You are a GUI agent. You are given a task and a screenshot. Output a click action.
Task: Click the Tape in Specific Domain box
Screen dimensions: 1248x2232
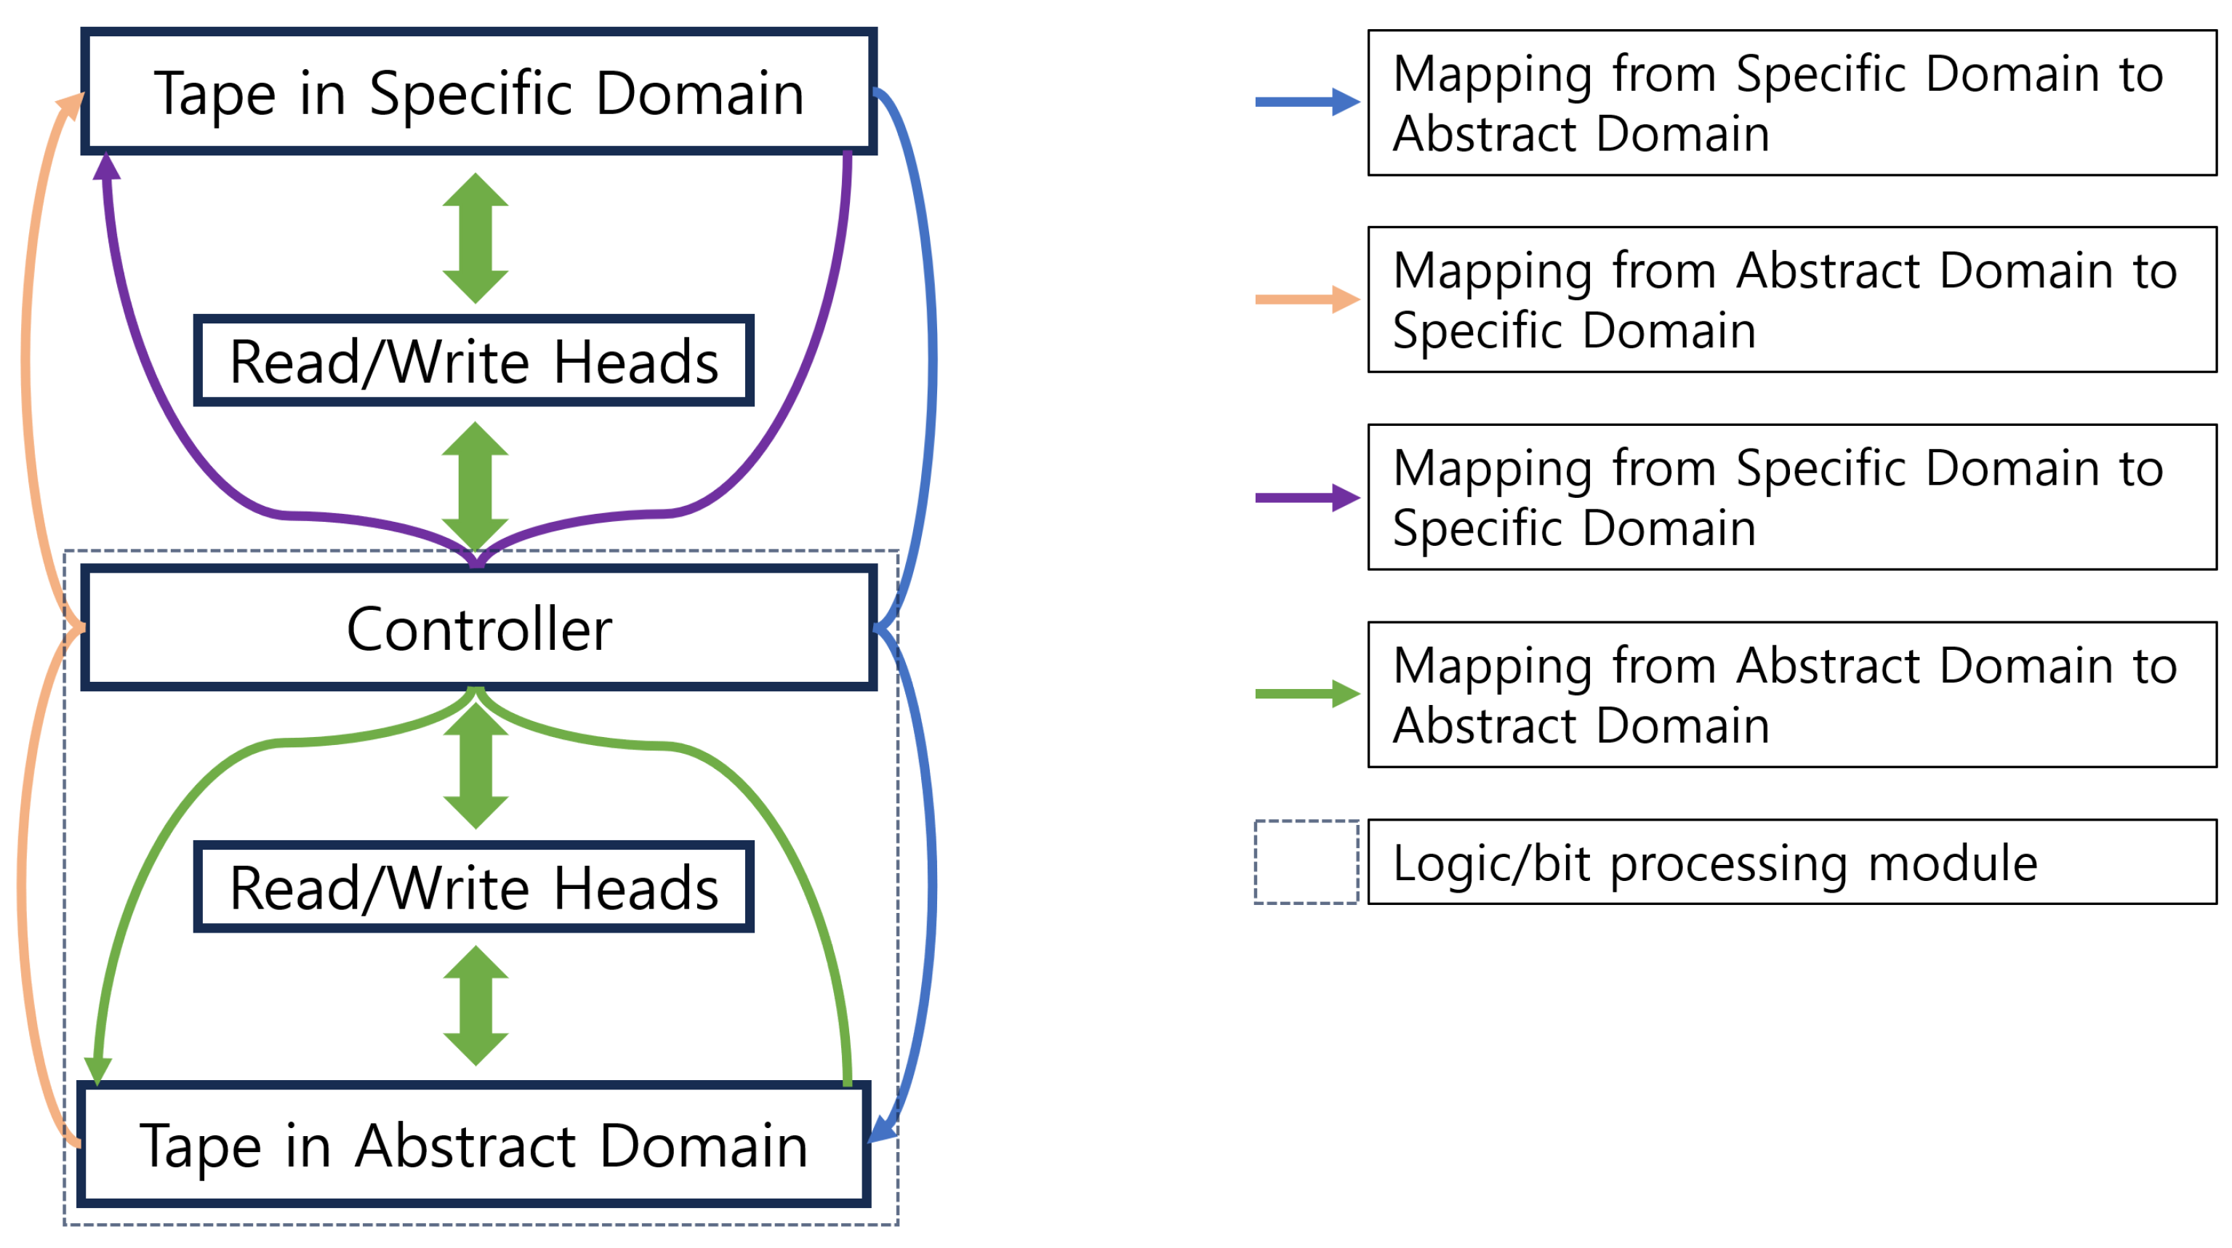point(478,92)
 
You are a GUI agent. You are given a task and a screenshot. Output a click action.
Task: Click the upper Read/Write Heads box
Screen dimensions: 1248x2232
point(473,361)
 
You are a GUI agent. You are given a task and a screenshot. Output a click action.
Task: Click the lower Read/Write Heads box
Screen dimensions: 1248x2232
point(473,886)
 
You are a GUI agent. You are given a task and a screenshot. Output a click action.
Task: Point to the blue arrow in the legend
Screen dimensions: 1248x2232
point(1306,102)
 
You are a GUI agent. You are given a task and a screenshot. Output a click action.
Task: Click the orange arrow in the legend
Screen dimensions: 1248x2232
point(1306,299)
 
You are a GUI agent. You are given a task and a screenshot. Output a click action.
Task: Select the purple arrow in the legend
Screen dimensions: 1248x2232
point(1306,497)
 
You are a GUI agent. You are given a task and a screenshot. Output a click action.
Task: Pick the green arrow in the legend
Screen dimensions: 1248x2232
point(1306,693)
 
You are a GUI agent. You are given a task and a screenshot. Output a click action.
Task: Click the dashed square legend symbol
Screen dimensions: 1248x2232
point(1306,862)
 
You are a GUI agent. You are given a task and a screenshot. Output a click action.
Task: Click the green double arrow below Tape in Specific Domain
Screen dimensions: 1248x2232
point(475,238)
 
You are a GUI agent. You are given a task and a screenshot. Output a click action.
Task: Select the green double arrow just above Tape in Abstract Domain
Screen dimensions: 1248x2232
point(475,1005)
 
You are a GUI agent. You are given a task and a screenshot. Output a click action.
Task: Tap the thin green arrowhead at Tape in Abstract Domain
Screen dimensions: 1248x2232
point(98,1071)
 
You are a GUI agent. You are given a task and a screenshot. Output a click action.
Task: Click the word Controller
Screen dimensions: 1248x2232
point(478,629)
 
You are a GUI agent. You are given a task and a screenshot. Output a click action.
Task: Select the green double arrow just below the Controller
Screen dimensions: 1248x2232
point(475,765)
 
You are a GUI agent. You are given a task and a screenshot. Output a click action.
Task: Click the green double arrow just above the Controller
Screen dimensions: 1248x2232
point(475,485)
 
